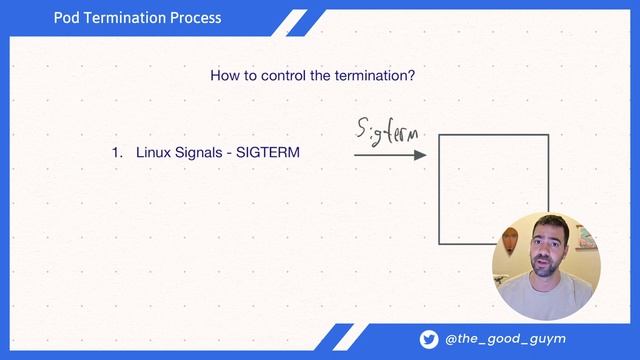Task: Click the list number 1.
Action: click(x=115, y=153)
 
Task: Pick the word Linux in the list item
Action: click(x=154, y=153)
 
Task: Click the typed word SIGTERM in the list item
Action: click(x=268, y=153)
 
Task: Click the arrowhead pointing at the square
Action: click(x=421, y=155)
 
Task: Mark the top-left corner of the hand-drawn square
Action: click(x=440, y=133)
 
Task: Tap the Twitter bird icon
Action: click(x=428, y=339)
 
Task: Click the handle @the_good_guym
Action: click(x=506, y=339)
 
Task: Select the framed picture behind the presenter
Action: click(x=585, y=238)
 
